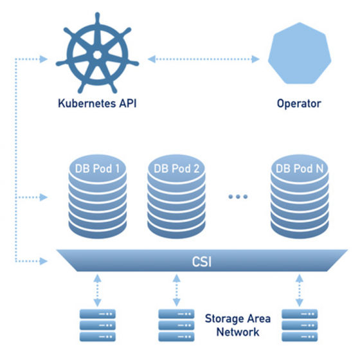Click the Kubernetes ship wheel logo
(96, 56)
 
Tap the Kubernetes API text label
(96, 103)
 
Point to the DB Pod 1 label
(96, 169)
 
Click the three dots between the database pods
(238, 197)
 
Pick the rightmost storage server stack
(300, 325)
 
